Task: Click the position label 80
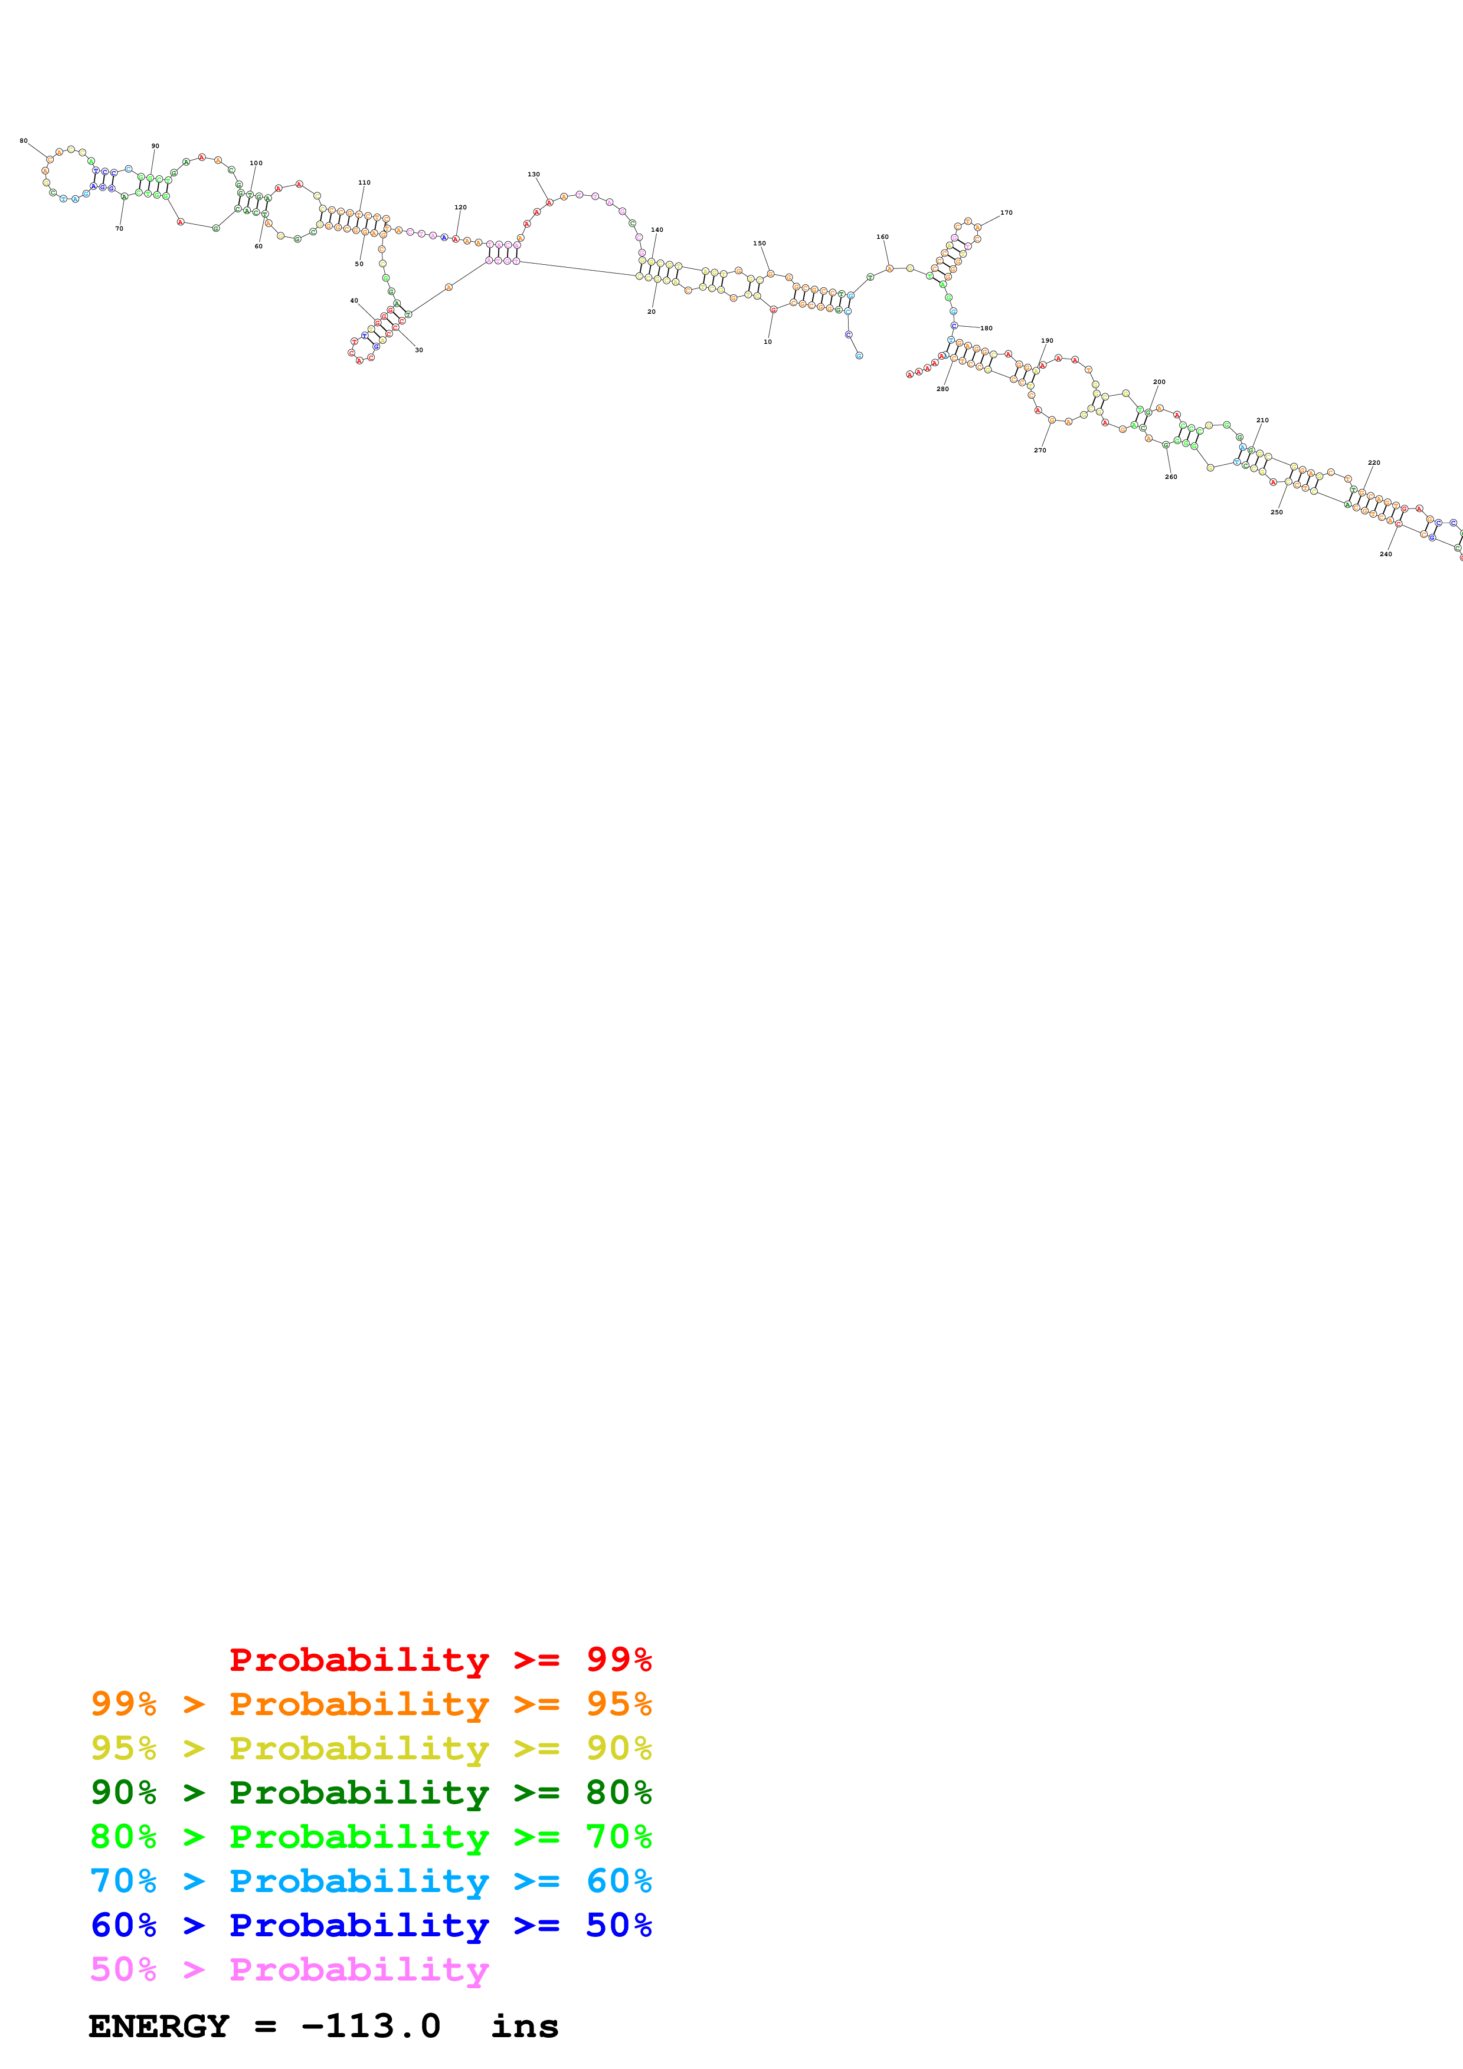pos(24,140)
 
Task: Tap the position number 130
pos(534,174)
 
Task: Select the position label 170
pos(1006,213)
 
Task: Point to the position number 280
pos(942,389)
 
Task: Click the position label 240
pos(1386,554)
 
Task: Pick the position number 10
pos(767,341)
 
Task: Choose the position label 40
pos(354,300)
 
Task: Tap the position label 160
pos(882,237)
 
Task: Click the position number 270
pos(1039,449)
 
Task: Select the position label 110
pos(364,182)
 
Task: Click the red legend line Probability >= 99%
pos(440,1659)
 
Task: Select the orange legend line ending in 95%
pos(371,1703)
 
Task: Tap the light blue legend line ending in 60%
pos(371,1881)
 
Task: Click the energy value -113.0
pos(371,2027)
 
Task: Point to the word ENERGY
pos(159,2027)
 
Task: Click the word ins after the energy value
pos(525,2027)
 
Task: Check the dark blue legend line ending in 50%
pos(371,1925)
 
